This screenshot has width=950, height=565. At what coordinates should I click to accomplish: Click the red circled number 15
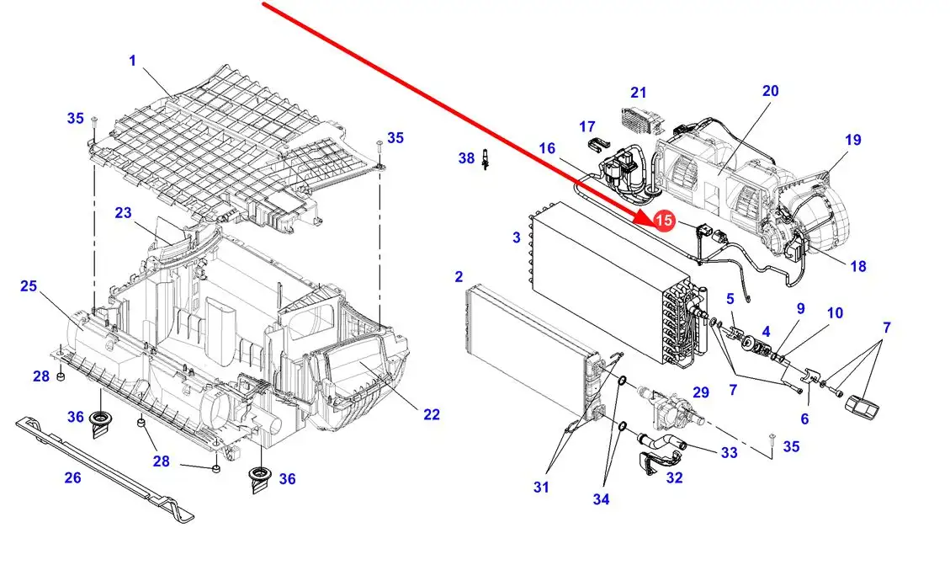(664, 220)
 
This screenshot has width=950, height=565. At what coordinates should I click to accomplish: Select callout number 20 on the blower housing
(770, 91)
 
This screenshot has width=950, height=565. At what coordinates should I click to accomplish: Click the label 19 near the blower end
(853, 140)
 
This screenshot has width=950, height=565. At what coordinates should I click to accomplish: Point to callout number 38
(466, 157)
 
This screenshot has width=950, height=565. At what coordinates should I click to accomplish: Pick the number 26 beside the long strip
(72, 477)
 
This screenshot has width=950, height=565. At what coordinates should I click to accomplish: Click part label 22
(431, 414)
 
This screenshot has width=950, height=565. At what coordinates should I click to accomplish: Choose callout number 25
(29, 287)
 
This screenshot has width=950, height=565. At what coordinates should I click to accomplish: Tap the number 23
(124, 213)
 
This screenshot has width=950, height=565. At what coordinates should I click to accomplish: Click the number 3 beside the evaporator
(517, 237)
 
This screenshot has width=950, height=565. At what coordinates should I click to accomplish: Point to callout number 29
(700, 393)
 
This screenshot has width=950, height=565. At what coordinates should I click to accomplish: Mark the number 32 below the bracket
(674, 478)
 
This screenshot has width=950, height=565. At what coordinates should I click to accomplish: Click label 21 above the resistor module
(639, 93)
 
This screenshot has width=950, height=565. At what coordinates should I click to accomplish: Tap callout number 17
(586, 126)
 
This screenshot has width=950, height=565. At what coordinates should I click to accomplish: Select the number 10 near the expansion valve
(834, 313)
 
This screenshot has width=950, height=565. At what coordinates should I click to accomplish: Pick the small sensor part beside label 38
(486, 161)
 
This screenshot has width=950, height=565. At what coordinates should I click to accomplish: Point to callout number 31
(540, 487)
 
